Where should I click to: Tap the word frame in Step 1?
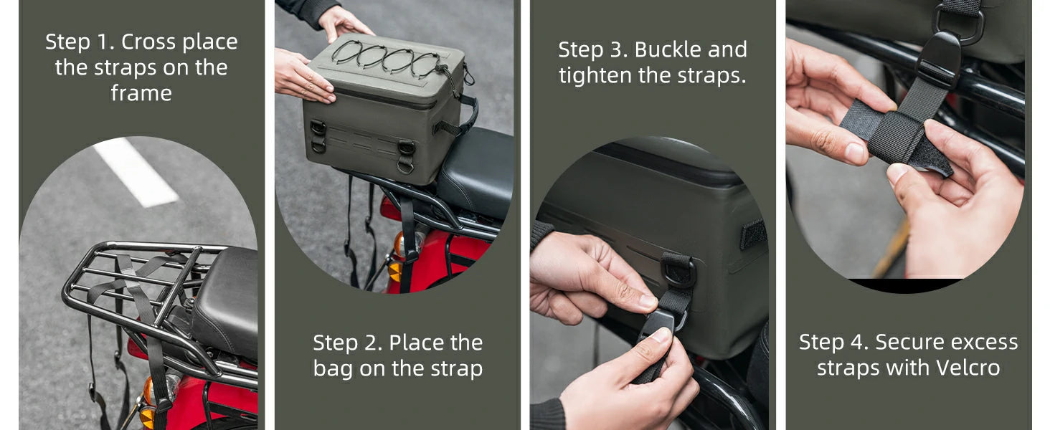point(141,92)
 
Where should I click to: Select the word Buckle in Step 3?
point(668,49)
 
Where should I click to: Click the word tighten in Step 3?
point(589,76)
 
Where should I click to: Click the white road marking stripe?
point(136,173)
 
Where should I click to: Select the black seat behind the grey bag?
point(476,173)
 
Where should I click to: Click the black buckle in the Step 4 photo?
point(938,61)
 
